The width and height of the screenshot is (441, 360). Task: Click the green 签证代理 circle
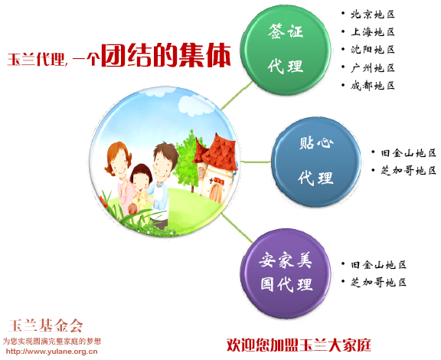[x=286, y=50]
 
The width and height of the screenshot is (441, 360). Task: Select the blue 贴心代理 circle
[x=316, y=162]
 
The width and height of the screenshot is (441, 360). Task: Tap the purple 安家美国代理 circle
[x=286, y=273]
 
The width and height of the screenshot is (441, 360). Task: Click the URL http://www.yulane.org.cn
[x=52, y=352]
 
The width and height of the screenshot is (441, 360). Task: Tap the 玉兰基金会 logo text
[x=46, y=326]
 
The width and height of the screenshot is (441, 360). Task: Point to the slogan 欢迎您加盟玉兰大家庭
[x=299, y=345]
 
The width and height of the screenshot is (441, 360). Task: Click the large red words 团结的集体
[x=166, y=55]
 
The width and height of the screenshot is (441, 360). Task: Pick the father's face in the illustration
[x=162, y=166]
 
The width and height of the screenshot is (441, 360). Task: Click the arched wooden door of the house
[x=216, y=192]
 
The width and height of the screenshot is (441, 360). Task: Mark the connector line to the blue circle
[x=256, y=162]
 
